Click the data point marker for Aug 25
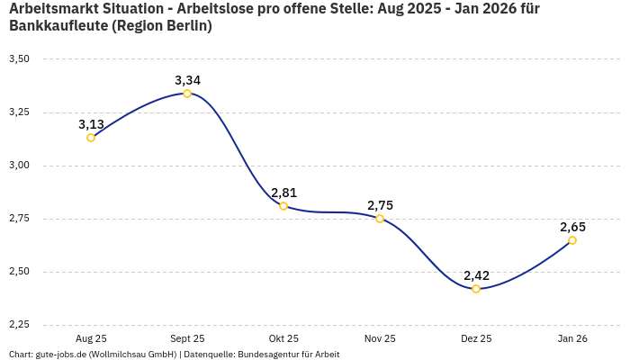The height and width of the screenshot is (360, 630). tap(91, 138)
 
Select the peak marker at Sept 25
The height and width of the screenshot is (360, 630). tap(187, 94)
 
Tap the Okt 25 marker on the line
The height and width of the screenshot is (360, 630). tap(283, 206)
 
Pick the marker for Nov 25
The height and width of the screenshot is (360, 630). tap(380, 219)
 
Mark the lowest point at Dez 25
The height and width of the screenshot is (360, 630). tap(476, 289)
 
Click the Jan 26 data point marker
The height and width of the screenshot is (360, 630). tap(572, 240)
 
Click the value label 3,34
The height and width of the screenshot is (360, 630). tap(187, 80)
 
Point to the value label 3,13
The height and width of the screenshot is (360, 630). tap(91, 124)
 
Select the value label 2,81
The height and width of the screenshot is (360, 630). tap(283, 193)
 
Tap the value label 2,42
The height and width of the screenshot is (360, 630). tap(476, 275)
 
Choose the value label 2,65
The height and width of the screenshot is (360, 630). tap(572, 227)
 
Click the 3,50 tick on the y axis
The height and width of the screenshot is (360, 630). tap(19, 59)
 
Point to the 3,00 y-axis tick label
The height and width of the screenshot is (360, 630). tap(19, 166)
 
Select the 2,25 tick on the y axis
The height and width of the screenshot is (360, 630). tap(19, 325)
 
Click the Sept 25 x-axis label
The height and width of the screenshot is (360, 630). tap(187, 338)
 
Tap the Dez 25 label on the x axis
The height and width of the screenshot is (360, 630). tap(476, 338)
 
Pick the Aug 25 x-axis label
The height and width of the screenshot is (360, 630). tap(91, 338)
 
